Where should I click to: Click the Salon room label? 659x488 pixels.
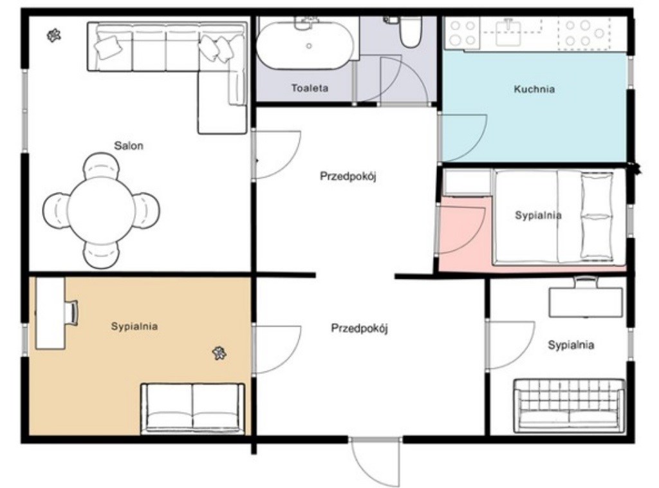(x=129, y=146)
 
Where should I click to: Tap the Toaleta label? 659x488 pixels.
(x=310, y=88)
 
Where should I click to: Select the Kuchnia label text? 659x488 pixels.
(x=534, y=89)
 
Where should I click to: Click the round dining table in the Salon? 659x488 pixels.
(x=101, y=210)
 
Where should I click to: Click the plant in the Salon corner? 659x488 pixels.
(x=54, y=35)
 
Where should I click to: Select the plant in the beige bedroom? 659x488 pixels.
(x=219, y=353)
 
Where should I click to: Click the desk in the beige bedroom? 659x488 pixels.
(x=50, y=313)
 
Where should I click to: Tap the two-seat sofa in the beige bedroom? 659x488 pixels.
(x=193, y=408)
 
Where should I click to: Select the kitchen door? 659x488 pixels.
(x=462, y=137)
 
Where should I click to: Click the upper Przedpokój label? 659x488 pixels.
(x=348, y=176)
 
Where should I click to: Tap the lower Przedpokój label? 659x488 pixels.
(x=359, y=328)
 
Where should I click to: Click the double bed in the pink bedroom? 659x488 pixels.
(x=560, y=217)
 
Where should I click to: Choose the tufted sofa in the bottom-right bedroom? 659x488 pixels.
(x=569, y=406)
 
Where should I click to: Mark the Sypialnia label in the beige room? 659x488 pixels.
(x=135, y=326)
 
